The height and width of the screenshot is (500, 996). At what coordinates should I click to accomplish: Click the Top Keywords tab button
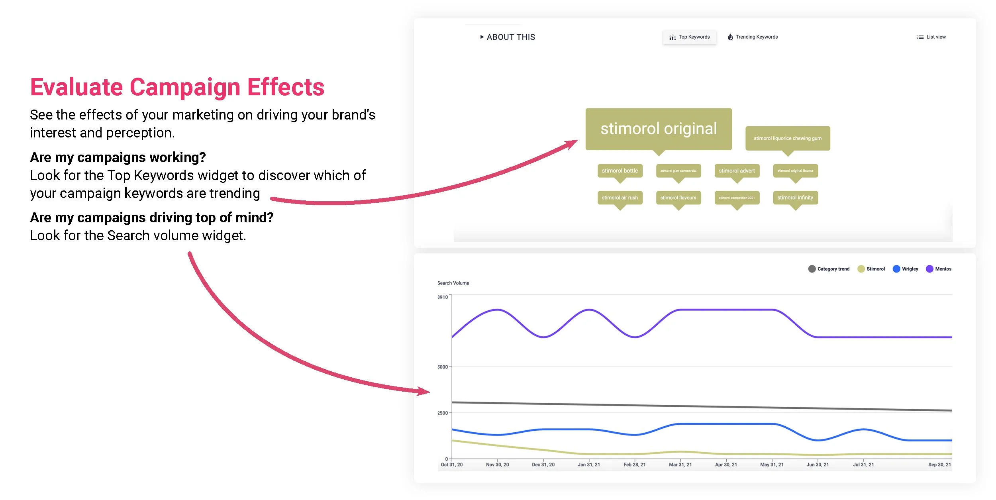pos(690,37)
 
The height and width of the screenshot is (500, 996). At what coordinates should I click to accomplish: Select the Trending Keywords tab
pos(753,37)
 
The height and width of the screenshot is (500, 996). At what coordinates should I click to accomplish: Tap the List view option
pos(931,37)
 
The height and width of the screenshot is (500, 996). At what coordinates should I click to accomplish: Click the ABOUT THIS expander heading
pos(508,37)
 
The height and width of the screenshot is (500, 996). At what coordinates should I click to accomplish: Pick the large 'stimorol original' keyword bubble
pos(659,129)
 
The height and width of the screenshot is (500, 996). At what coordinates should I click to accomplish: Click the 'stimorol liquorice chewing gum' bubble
pos(788,138)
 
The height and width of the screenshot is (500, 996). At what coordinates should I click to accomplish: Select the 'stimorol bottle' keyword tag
pos(620,171)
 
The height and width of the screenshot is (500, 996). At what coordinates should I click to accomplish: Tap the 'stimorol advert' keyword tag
pos(737,171)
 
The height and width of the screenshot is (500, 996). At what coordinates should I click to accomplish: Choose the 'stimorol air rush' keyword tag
pos(620,198)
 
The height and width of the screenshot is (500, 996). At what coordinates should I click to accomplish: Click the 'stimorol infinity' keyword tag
pos(795,198)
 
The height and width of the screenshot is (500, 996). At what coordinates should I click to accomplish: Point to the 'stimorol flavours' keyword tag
pos(678,198)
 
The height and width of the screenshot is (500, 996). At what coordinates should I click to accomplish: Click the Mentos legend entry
pos(939,269)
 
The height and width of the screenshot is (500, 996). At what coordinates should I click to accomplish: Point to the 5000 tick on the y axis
pos(443,367)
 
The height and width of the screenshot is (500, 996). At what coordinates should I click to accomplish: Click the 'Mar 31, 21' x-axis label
pos(680,465)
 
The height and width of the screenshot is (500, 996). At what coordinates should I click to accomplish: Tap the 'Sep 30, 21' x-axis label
pos(939,465)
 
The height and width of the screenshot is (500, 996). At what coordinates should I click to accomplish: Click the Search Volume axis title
pos(453,283)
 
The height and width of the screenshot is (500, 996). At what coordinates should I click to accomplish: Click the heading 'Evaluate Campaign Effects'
pos(177,87)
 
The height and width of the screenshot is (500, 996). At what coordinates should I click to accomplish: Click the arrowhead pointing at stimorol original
pos(572,143)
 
